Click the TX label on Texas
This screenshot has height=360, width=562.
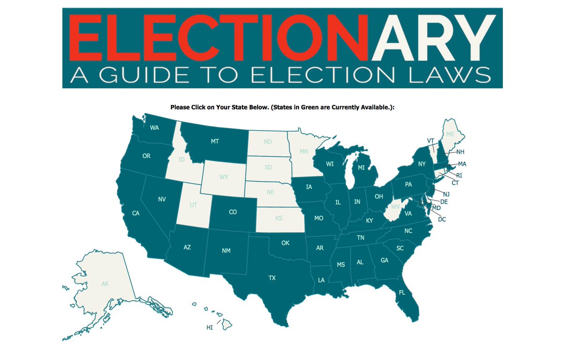pos(272,278)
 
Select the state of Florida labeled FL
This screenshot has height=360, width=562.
pos(402,293)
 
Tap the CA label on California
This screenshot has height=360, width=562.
pos(136,213)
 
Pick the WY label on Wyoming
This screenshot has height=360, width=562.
pos(224,177)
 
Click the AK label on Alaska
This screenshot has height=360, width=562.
pos(105,284)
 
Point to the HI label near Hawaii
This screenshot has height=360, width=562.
pos(209,328)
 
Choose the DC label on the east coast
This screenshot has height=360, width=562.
pos(442,219)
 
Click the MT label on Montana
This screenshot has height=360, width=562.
pos(215,140)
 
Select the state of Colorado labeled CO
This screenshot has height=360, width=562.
pos(233,212)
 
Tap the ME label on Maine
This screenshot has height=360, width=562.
pos(450,134)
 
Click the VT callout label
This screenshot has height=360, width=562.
pos(431,140)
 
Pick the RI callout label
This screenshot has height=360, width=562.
pos(459,175)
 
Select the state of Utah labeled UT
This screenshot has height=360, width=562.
pos(193,205)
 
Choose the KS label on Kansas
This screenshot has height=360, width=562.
pos(279,218)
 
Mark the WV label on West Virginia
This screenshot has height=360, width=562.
pos(396,206)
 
